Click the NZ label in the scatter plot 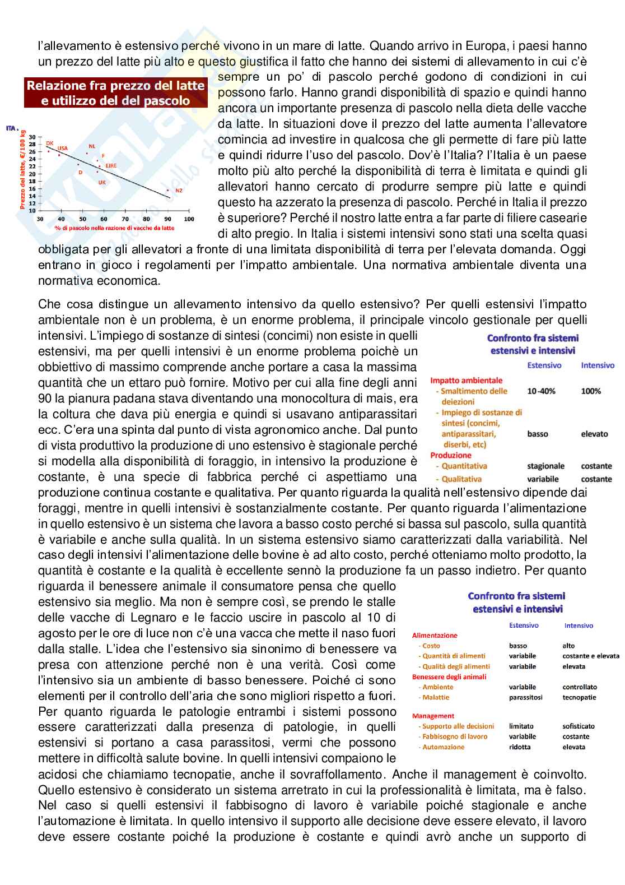179,191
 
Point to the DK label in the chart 49,143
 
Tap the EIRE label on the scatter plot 111,166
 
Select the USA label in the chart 63,149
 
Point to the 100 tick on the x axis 189,219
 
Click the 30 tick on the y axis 32,137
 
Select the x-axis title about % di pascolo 114,228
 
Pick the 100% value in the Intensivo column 591,391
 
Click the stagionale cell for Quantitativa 545,466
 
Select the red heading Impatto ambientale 466,381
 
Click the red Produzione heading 451,456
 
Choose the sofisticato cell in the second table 579,726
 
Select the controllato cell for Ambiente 580,687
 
